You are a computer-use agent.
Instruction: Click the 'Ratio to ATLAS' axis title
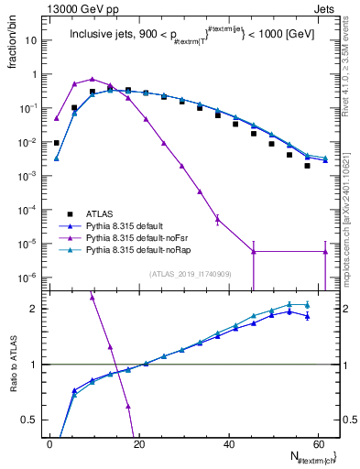(x=16, y=364)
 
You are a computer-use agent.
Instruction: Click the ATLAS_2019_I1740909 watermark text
(x=190, y=274)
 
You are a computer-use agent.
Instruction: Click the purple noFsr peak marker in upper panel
(x=92, y=79)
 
